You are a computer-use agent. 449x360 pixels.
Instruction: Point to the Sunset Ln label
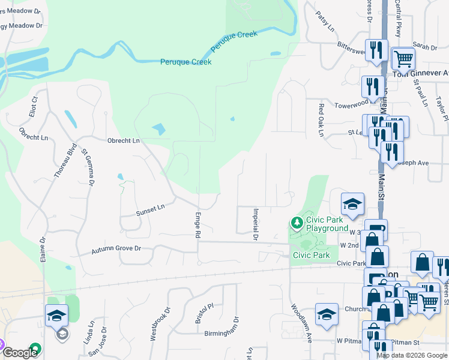(149, 209)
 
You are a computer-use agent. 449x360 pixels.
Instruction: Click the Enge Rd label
(197, 224)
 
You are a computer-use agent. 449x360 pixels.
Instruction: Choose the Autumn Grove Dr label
(116, 248)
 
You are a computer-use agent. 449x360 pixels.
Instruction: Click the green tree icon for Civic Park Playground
(297, 223)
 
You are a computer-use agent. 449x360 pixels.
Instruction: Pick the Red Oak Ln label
(321, 120)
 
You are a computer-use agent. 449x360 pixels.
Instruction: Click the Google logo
(20, 353)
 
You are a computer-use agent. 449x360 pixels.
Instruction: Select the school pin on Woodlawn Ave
(327, 314)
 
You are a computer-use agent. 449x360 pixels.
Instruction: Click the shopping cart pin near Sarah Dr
(403, 59)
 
